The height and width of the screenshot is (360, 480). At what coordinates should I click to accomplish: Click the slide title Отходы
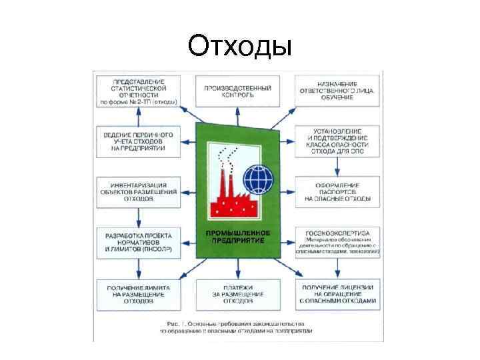tap(239, 46)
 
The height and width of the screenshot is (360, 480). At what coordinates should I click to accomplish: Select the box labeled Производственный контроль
tap(237, 91)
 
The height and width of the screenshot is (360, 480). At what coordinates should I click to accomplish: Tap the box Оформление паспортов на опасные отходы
tap(337, 191)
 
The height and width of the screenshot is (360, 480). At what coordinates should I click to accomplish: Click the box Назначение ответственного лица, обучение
tap(337, 91)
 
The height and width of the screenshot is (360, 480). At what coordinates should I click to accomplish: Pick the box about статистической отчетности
tap(138, 91)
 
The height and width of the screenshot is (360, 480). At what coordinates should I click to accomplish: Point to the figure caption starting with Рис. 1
tap(237, 326)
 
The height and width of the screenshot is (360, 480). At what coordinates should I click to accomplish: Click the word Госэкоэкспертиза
tap(337, 231)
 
